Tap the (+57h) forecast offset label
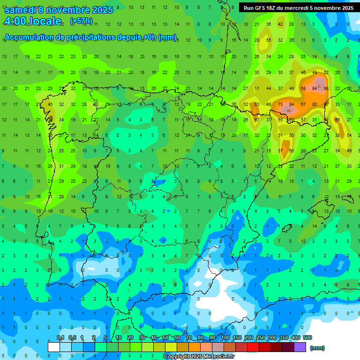point(81,21)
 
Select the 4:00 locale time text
point(33,21)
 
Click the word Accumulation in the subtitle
point(30,37)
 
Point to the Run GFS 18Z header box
point(299,7)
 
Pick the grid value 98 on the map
point(326,88)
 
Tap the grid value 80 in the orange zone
point(315,104)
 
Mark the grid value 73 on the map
point(280,104)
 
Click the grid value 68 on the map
point(303,88)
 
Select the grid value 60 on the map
point(292,150)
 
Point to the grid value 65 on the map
point(337,120)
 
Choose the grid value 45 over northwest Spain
point(50,104)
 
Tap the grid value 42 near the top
point(280,24)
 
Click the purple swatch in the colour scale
point(300,347)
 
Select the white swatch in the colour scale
point(54,347)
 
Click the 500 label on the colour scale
point(307,337)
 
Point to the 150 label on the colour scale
point(237,337)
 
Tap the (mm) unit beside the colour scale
point(317,348)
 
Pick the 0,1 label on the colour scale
point(60,337)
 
